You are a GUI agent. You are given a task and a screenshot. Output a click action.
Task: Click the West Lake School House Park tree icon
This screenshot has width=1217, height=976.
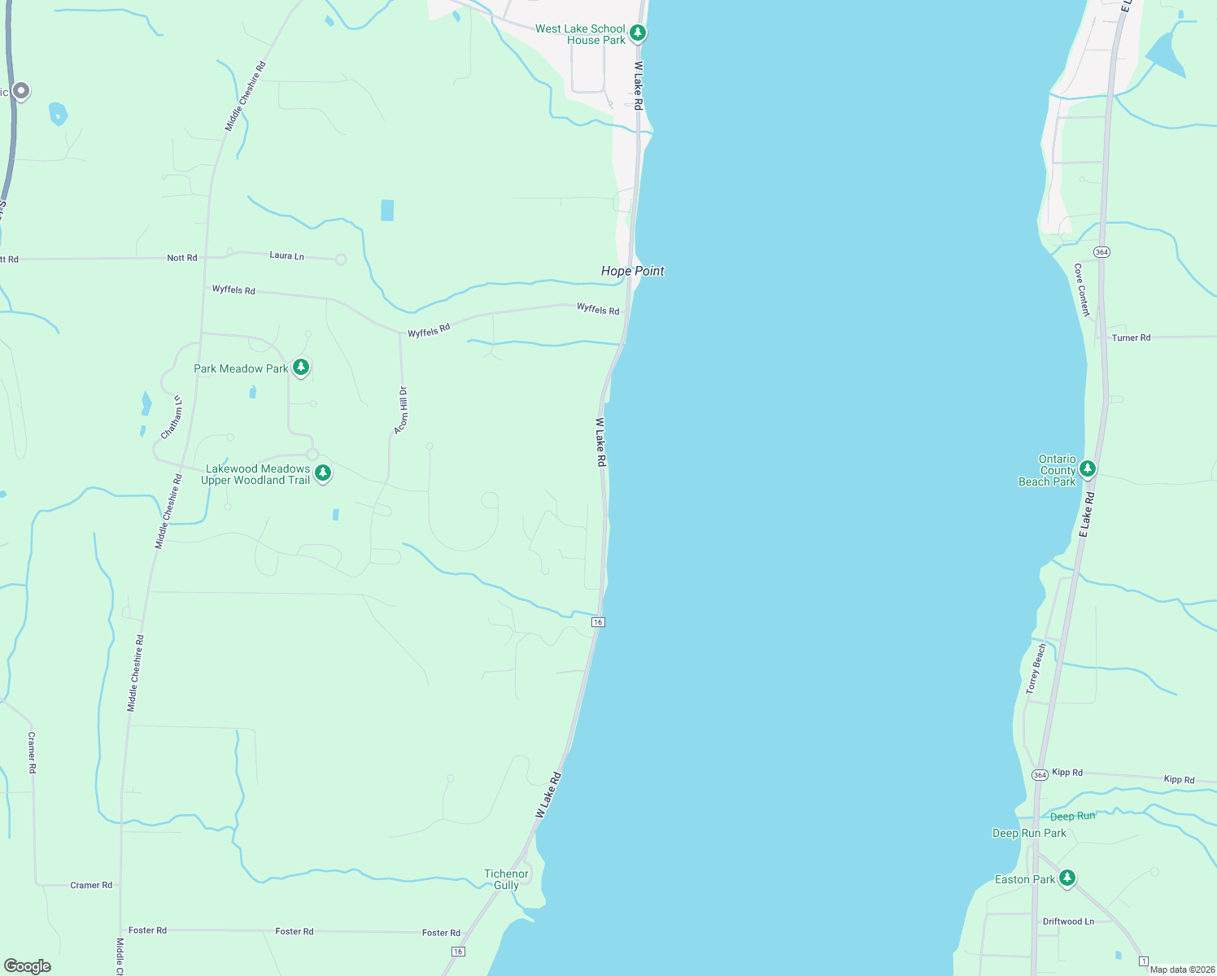639,33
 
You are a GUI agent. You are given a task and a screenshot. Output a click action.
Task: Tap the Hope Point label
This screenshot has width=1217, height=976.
632,271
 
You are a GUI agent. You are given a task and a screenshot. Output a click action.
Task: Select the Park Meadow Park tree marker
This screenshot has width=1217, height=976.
301,368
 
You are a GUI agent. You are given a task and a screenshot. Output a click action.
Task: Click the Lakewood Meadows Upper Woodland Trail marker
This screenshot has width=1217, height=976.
323,473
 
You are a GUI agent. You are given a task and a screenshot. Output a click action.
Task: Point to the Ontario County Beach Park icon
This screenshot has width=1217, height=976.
1088,469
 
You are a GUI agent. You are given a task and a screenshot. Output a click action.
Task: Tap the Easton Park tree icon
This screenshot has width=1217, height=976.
1067,878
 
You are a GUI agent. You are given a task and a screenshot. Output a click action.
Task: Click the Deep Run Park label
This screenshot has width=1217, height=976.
1029,833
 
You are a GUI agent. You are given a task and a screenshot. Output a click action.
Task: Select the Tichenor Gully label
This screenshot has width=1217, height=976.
506,879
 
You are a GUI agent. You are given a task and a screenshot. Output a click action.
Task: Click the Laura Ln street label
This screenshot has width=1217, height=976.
286,255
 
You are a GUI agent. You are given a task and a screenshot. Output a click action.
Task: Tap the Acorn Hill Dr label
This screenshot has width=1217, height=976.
401,410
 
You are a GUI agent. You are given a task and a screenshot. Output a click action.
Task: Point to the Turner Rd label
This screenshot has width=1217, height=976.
1131,338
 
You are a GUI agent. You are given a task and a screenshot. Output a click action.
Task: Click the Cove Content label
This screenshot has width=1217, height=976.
1081,290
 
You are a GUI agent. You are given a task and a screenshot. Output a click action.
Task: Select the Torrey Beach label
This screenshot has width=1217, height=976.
1036,669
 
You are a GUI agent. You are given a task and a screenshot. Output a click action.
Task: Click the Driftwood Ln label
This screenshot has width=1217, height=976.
1068,922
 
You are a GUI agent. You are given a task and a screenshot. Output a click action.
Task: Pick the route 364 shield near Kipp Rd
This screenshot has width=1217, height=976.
1040,774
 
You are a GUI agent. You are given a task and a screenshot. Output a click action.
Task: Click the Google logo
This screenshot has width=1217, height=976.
28,966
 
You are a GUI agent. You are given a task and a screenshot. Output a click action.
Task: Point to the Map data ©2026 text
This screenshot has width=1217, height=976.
1182,969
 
